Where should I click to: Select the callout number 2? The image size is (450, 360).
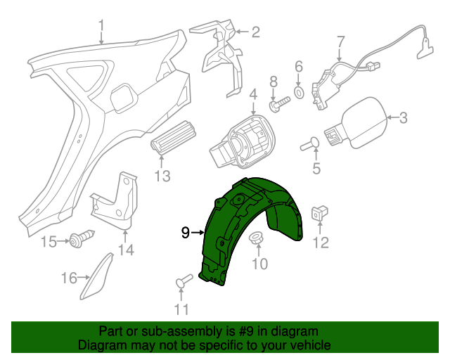[255, 32]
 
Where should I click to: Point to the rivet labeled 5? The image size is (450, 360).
[310, 145]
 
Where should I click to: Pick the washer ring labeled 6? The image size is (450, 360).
[298, 92]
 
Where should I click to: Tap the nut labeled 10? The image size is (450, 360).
[257, 238]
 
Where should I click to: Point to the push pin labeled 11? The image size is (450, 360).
[182, 282]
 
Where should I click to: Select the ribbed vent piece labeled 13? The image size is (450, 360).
[172, 136]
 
